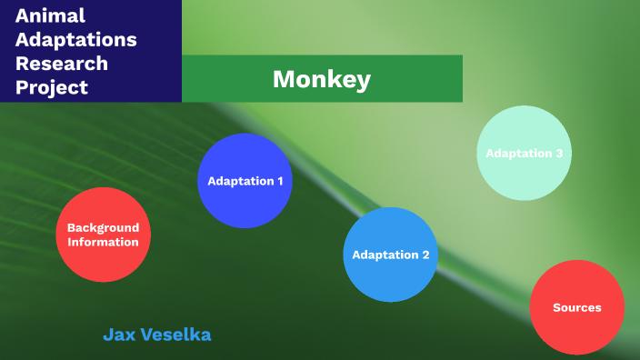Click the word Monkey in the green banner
321,79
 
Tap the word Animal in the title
50,15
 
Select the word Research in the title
62,64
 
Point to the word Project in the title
52,87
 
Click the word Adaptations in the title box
76,40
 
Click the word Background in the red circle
103,227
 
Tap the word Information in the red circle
103,242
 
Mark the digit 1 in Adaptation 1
279,181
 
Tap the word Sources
577,307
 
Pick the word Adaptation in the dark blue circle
239,181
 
